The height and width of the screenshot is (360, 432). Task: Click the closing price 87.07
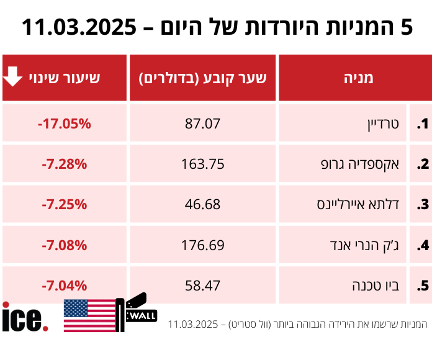(202, 124)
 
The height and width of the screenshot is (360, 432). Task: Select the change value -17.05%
(64, 124)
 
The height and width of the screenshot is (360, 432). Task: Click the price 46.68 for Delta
(202, 204)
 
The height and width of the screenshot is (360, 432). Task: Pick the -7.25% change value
(64, 204)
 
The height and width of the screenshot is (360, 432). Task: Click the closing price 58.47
(202, 286)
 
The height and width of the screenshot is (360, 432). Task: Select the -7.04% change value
(64, 286)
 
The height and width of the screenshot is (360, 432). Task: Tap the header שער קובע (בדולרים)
(202, 78)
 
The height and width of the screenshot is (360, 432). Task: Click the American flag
(89, 315)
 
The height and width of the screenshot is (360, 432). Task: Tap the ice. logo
(24, 317)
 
